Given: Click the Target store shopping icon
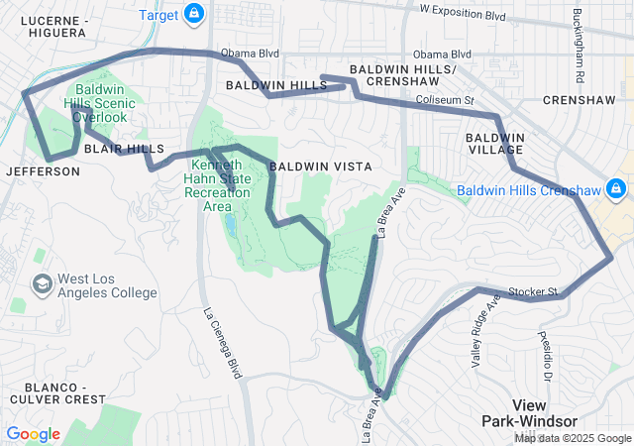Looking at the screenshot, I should coord(194,14).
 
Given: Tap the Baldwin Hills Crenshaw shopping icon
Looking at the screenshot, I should coord(615,187).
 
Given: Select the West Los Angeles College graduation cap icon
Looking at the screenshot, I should coord(43,285).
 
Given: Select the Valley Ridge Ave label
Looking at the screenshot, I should coord(484,333).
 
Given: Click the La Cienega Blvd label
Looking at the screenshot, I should coord(222,342).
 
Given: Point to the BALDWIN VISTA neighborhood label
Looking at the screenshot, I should coord(320,167).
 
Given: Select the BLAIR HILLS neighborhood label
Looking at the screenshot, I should coord(124,149).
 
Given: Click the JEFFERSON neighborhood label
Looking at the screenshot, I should coord(43,171).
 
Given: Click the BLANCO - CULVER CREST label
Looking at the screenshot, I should coord(53,391).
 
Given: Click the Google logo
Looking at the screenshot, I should coord(34,434).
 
